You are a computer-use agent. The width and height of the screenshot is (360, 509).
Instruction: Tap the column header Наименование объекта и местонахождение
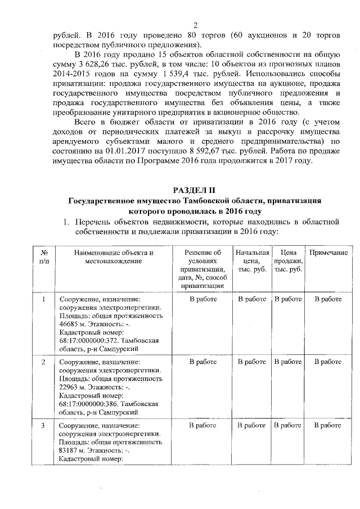113,257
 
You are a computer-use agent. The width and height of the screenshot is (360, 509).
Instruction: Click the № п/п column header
44,257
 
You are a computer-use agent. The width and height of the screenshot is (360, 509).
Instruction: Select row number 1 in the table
44,299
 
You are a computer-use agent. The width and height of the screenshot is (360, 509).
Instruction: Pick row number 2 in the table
44,362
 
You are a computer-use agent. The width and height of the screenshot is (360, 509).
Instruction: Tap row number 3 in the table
44,425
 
